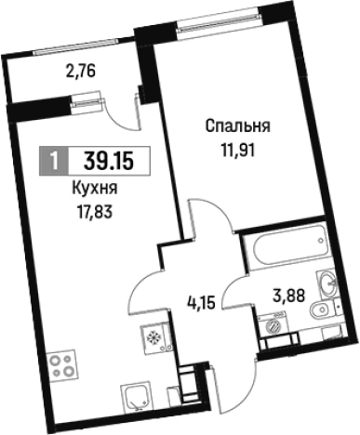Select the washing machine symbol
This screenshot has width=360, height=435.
(273, 326)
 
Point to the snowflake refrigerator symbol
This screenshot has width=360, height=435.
(153, 338)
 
